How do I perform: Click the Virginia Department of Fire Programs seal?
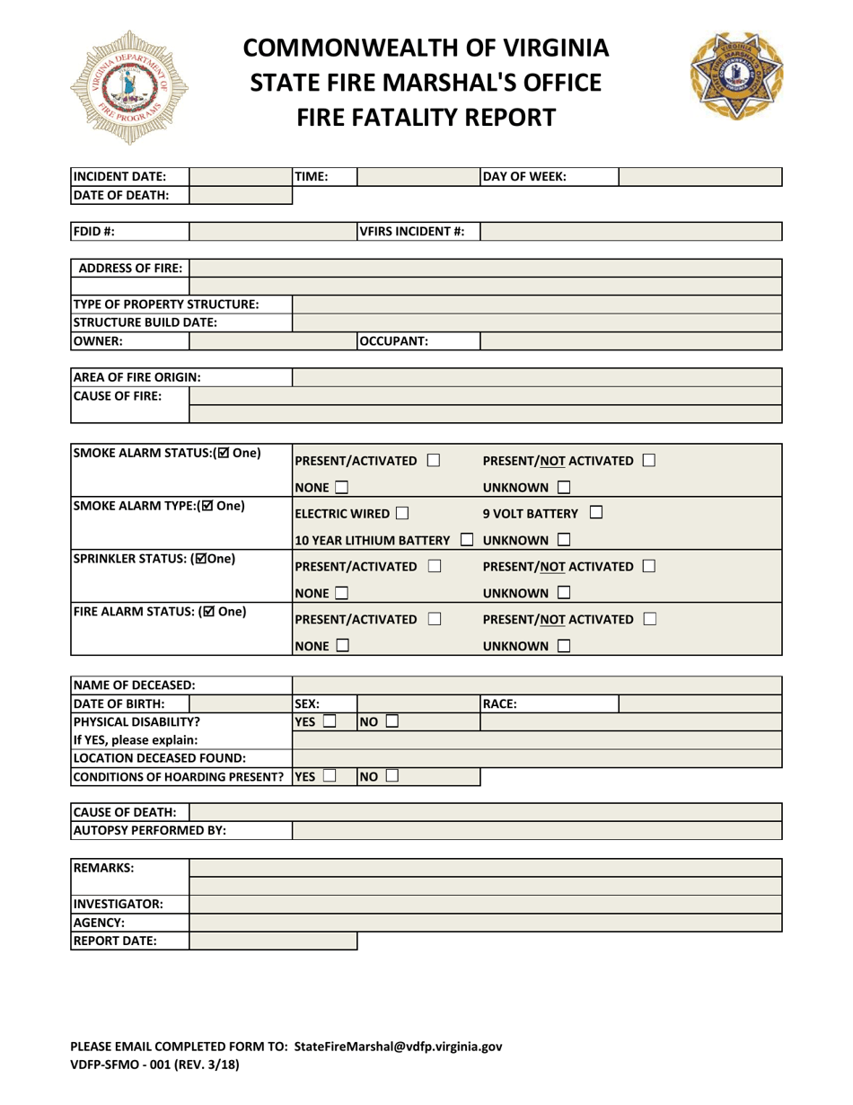tap(129, 87)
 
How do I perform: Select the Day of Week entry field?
tap(700, 177)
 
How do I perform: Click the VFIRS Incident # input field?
tap(630, 232)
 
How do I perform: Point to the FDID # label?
tap(94, 232)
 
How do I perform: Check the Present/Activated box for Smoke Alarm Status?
tap(434, 461)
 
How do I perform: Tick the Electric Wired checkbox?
tap(401, 514)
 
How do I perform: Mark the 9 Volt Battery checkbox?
tap(596, 514)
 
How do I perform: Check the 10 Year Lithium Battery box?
tap(466, 540)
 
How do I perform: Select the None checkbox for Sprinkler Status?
tap(341, 593)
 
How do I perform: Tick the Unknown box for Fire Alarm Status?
tap(564, 646)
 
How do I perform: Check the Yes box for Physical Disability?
tap(330, 720)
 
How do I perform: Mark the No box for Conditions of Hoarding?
tap(392, 775)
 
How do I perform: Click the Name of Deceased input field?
tap(537, 685)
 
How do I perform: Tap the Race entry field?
tap(700, 703)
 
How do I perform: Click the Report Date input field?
tap(273, 941)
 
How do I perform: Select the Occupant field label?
tap(394, 340)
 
